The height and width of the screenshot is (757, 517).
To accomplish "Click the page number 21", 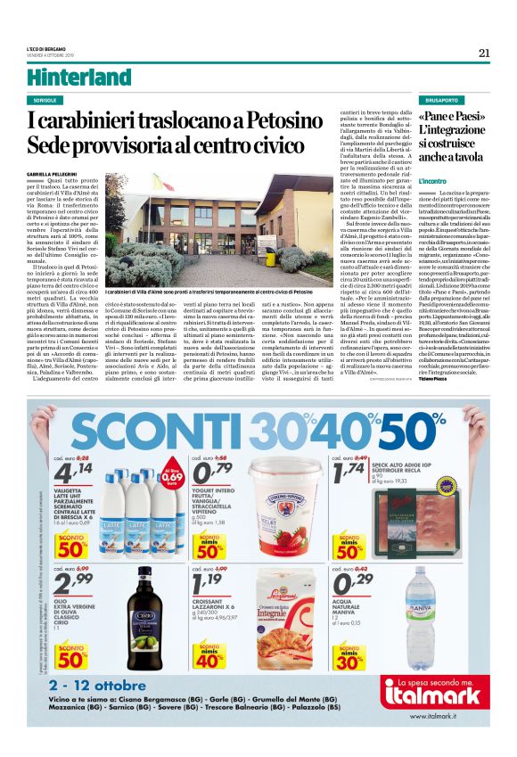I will tap(484, 53).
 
